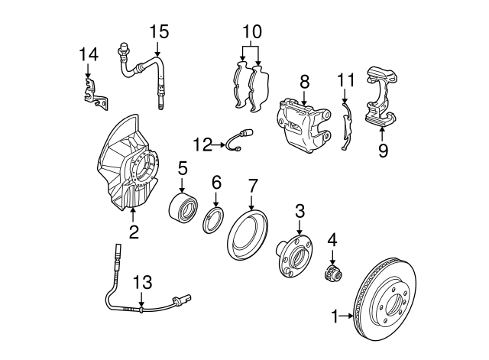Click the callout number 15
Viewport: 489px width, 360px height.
(159, 32)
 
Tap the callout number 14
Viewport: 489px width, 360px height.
(89, 54)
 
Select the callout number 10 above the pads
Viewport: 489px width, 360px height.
(252, 32)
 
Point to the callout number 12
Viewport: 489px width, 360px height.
(203, 144)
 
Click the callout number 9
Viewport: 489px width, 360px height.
(383, 151)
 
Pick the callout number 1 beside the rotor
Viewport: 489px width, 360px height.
(335, 316)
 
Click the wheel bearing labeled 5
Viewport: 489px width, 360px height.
(183, 205)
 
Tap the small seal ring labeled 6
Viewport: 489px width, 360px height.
(213, 219)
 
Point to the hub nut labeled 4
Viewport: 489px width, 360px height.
(332, 274)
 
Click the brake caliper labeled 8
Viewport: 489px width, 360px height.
(303, 126)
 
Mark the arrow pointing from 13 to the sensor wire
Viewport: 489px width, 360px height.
(141, 300)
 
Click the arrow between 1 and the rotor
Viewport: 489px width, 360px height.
(346, 316)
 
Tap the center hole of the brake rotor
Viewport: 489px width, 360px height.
(393, 304)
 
